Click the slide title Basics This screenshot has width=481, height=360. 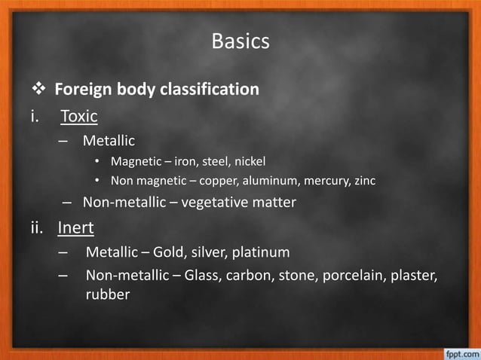240,41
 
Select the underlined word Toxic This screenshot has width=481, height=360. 79,116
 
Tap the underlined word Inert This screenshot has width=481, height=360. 77,227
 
